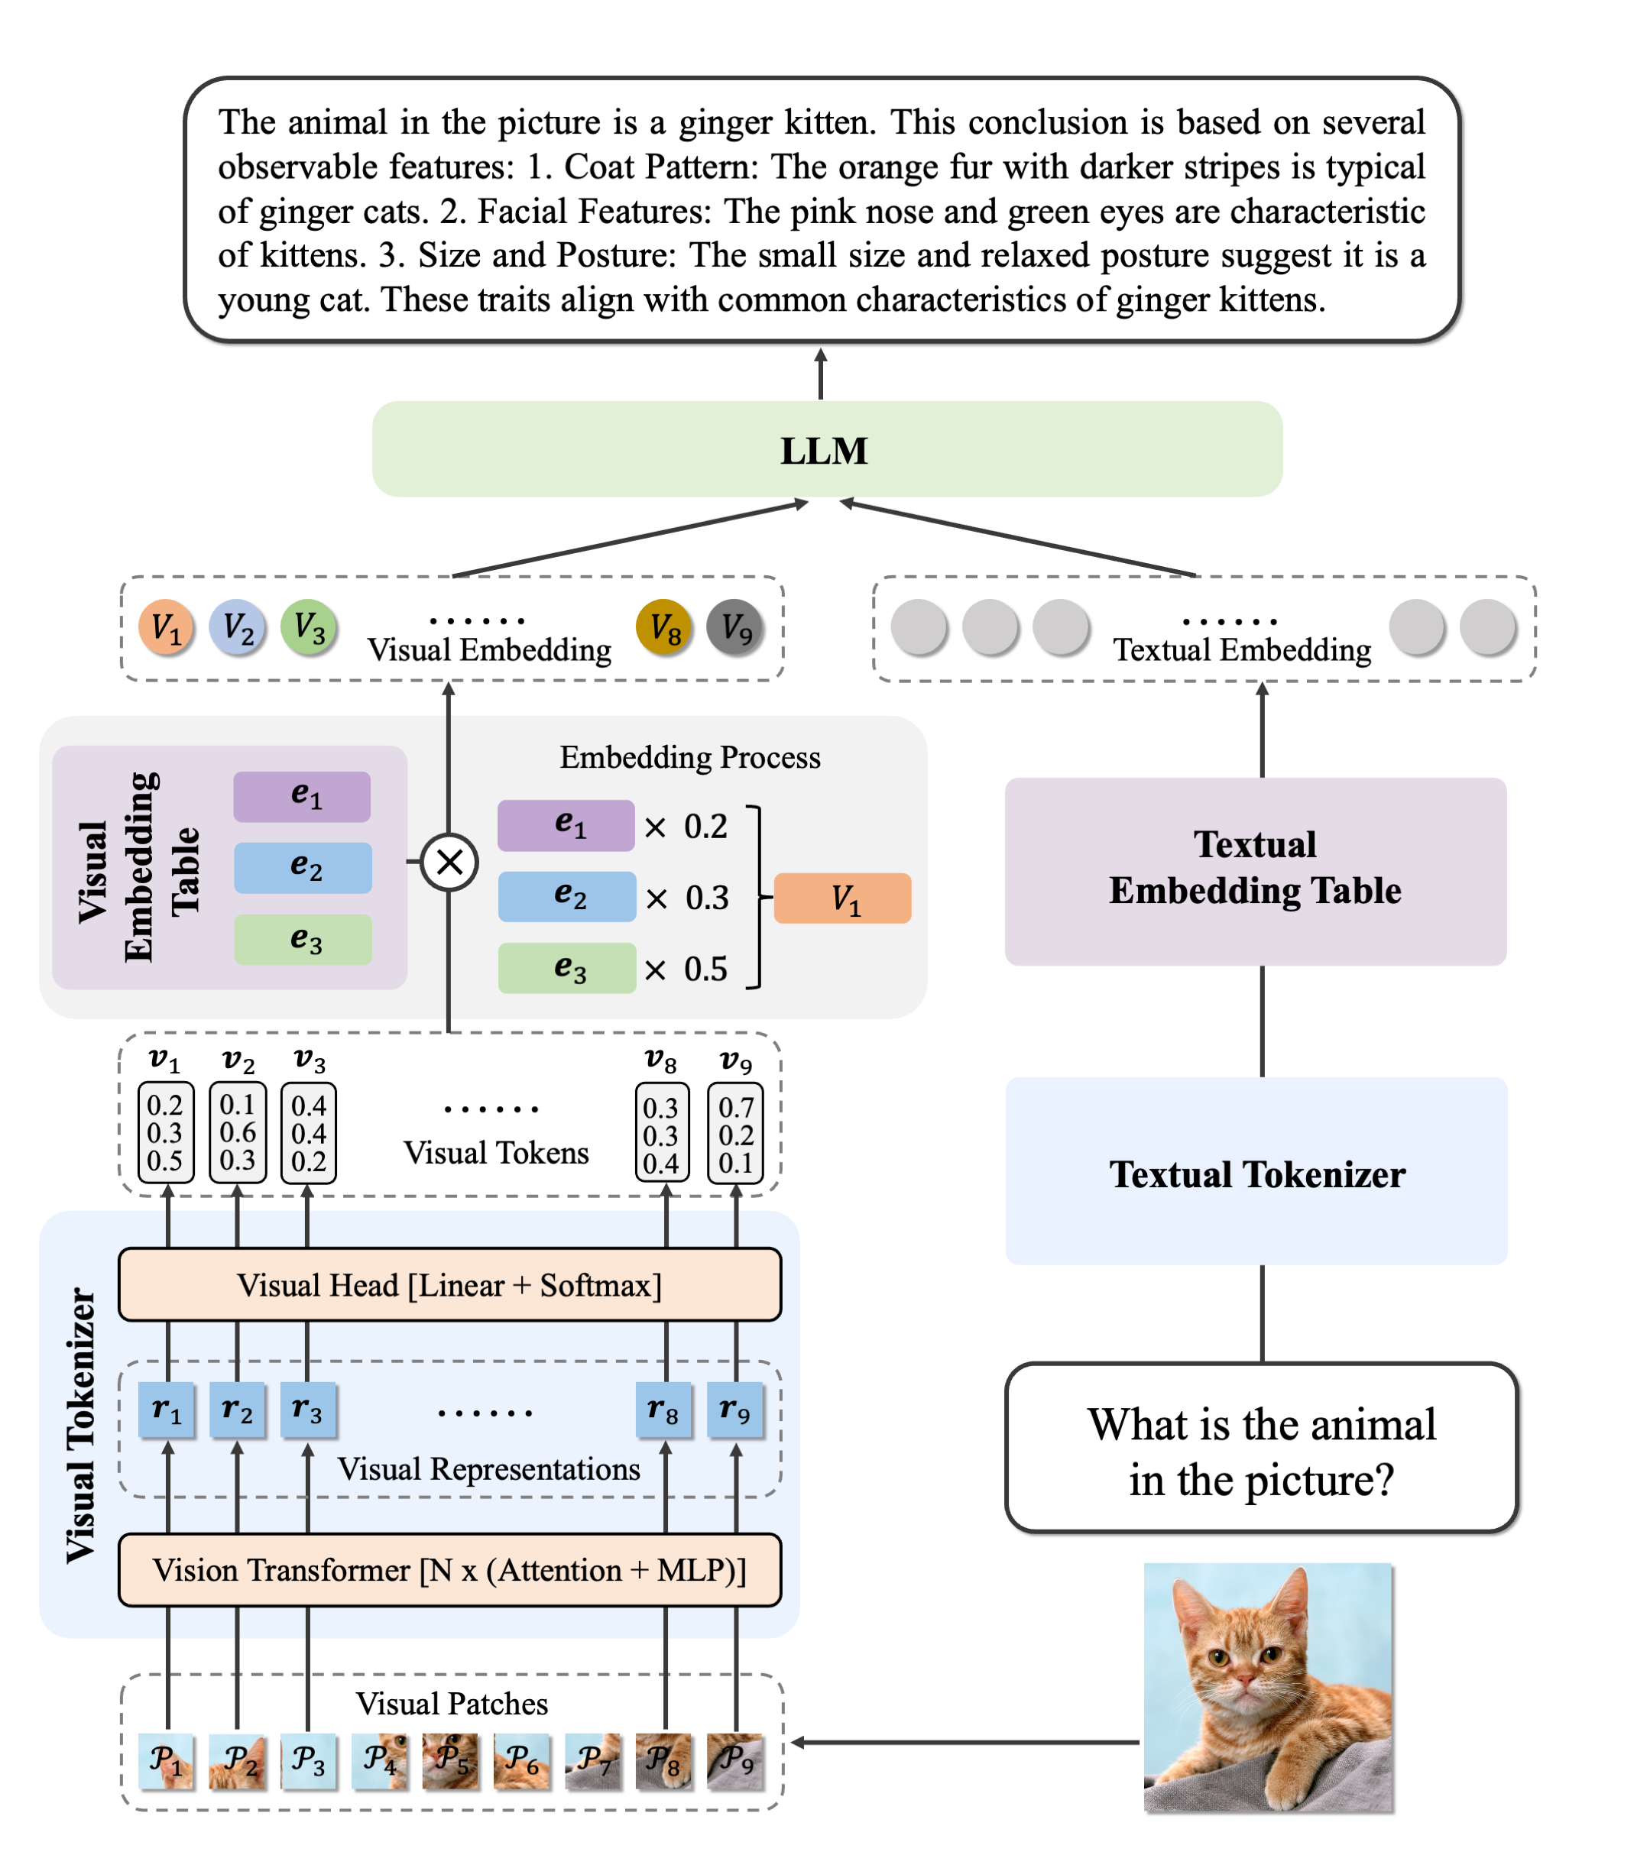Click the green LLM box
[x=826, y=449]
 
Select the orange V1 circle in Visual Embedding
[x=166, y=627]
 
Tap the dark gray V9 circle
[x=734, y=627]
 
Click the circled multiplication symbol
[x=449, y=861]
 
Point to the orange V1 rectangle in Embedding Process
[x=841, y=898]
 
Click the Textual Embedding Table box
[x=1255, y=870]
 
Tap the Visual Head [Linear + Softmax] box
[x=449, y=1284]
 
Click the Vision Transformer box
[x=449, y=1569]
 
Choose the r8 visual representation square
[x=663, y=1410]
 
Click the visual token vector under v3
[x=309, y=1131]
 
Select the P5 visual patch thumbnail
[x=450, y=1759]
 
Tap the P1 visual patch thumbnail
[x=166, y=1759]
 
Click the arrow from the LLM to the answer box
[x=821, y=374]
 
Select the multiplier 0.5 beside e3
[x=705, y=970]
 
